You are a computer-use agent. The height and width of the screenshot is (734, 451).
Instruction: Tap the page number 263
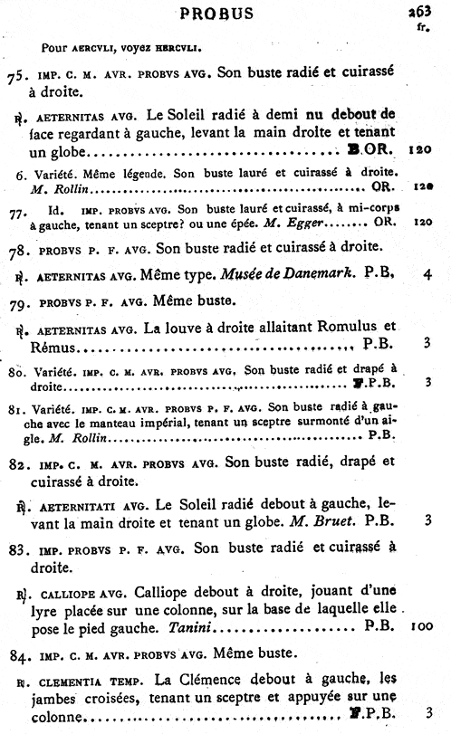(422, 12)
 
